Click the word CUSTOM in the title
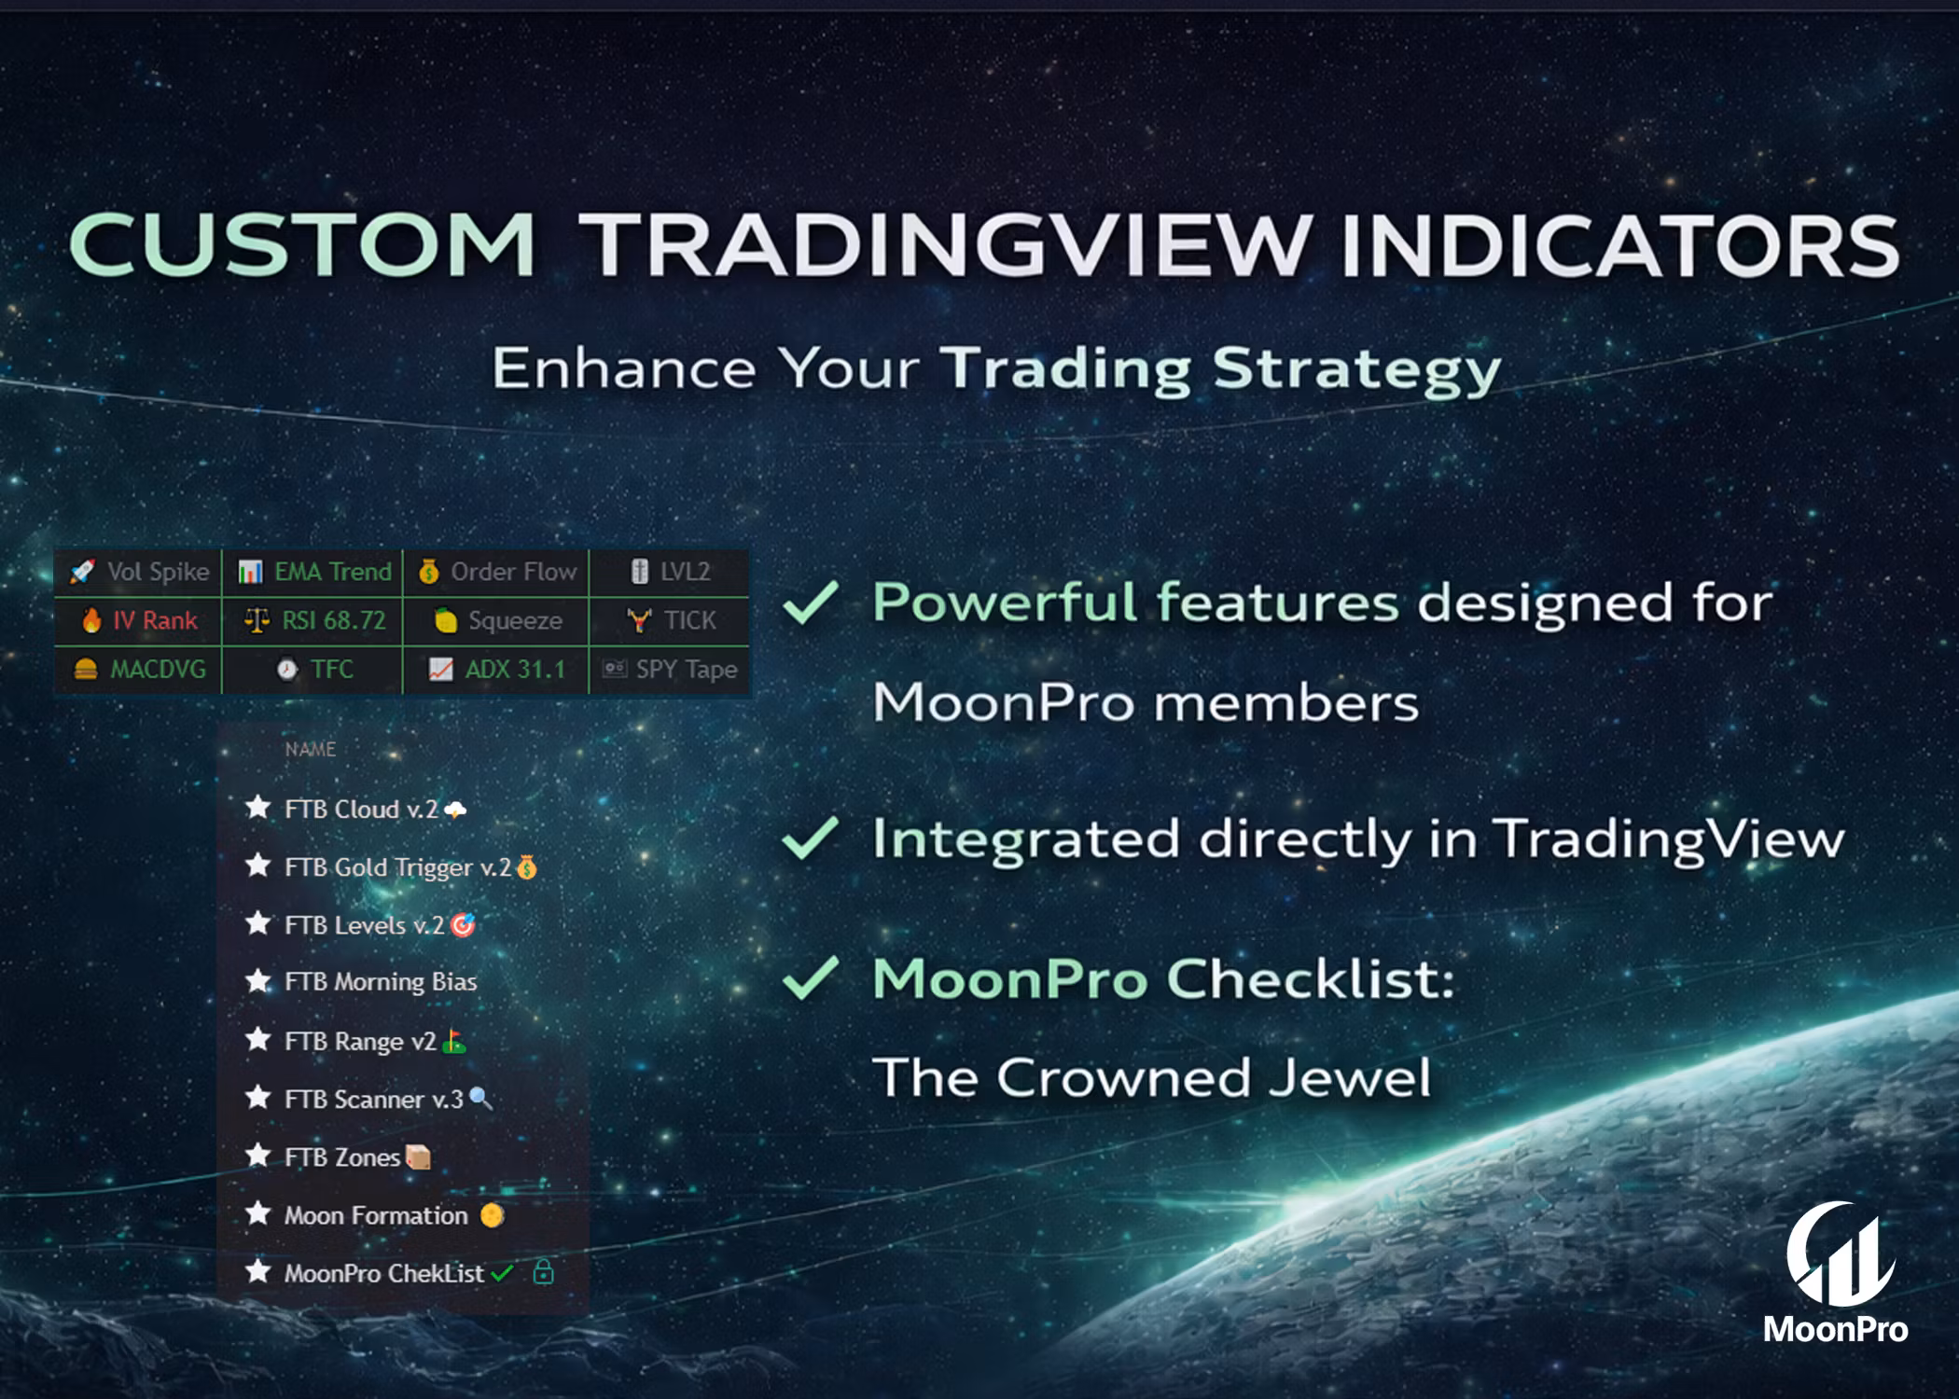pyautogui.click(x=302, y=244)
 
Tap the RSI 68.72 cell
pyautogui.click(x=313, y=620)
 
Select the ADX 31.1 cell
pyautogui.click(x=496, y=669)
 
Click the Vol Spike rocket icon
pyautogui.click(x=82, y=571)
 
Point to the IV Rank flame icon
pyautogui.click(x=91, y=620)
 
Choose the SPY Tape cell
pyautogui.click(x=670, y=669)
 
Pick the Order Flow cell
pyautogui.click(x=496, y=571)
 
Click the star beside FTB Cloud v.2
pyautogui.click(x=257, y=807)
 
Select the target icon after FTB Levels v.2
pyautogui.click(x=463, y=924)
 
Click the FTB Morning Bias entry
pyautogui.click(x=360, y=982)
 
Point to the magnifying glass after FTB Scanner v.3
pyautogui.click(x=480, y=1099)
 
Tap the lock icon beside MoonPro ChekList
pyautogui.click(x=543, y=1271)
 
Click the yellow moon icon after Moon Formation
pyautogui.click(x=492, y=1214)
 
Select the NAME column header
pyautogui.click(x=311, y=749)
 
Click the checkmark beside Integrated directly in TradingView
pyautogui.click(x=810, y=838)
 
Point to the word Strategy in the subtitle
pyautogui.click(x=1357, y=371)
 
